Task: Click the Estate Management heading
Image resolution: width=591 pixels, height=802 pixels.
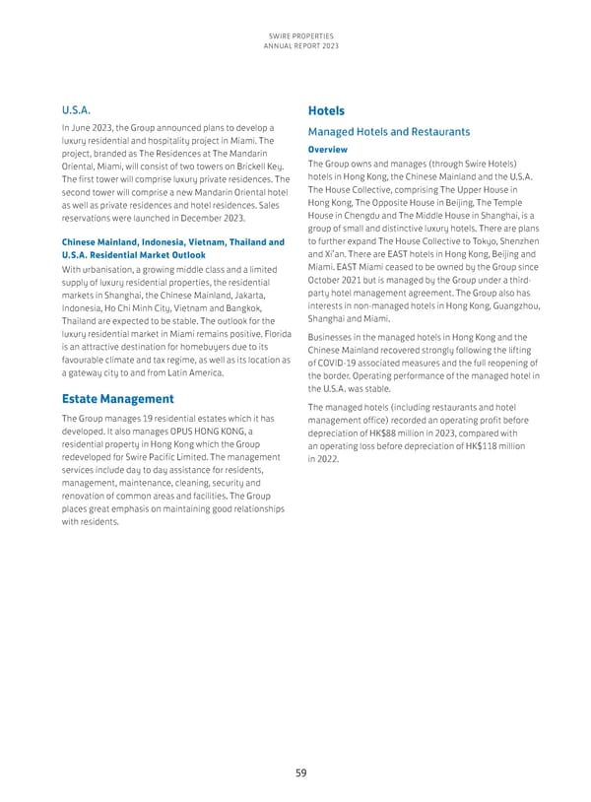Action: [x=118, y=399]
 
